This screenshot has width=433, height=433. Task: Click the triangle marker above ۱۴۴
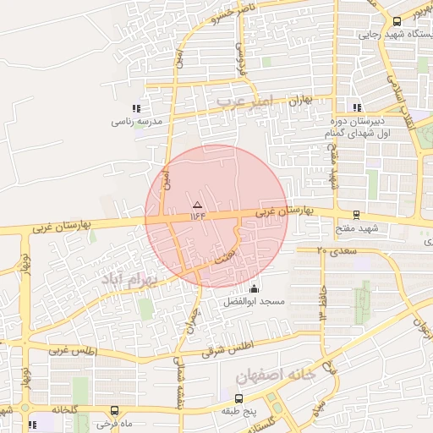(x=197, y=205)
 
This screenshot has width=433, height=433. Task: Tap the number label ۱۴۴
(x=198, y=216)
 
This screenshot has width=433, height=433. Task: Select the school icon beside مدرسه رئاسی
(x=136, y=108)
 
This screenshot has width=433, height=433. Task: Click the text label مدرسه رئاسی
(x=130, y=121)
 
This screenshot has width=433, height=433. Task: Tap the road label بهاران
(x=300, y=100)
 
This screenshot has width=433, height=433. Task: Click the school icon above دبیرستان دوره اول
(x=357, y=107)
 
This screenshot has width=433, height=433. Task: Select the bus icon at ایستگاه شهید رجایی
(x=397, y=22)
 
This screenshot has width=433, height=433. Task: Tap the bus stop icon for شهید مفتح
(x=356, y=215)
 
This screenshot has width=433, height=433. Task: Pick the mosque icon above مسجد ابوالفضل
(x=255, y=289)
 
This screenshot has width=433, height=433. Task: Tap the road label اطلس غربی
(x=73, y=349)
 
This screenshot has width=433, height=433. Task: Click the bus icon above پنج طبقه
(x=238, y=398)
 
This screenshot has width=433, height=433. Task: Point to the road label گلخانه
(x=63, y=409)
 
